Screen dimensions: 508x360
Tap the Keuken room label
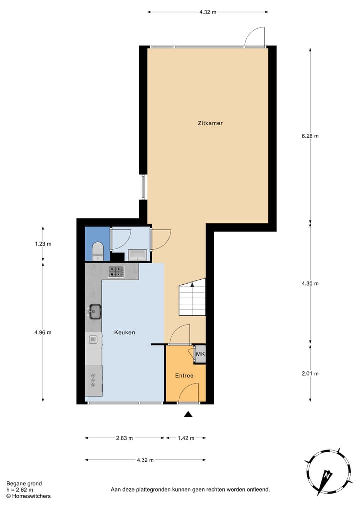(124, 332)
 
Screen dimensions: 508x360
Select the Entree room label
(184, 375)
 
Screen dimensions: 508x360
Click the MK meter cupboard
(200, 355)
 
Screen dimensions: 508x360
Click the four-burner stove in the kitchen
(116, 272)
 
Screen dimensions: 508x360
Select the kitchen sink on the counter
(94, 311)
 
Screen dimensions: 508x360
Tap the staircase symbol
(192, 298)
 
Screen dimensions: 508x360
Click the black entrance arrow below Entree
(188, 413)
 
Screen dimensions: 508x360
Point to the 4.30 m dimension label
(310, 283)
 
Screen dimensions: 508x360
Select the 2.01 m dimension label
(310, 373)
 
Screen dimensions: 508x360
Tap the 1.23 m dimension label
(43, 244)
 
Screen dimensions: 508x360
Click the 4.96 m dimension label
(43, 332)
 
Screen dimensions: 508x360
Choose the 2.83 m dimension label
(124, 438)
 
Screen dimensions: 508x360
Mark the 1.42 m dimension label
(185, 438)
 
